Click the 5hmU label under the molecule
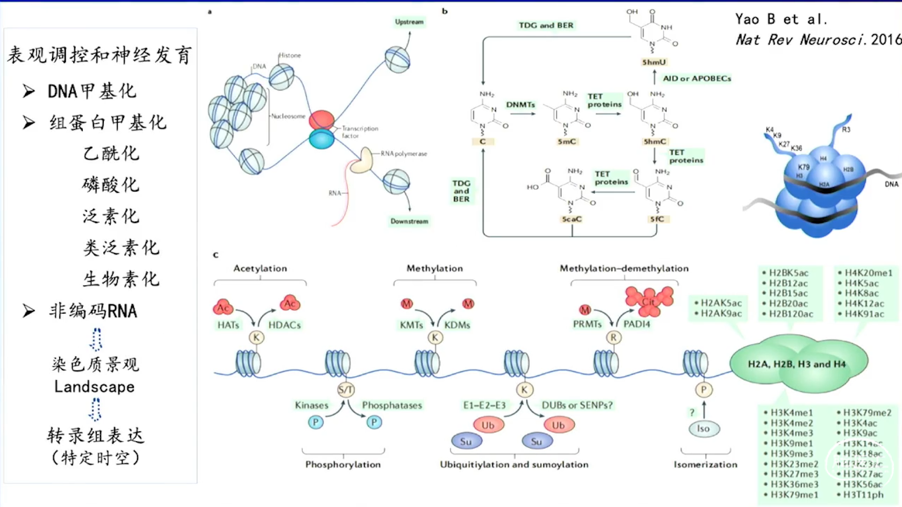click(654, 62)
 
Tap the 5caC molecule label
click(572, 219)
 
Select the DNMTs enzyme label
click(521, 105)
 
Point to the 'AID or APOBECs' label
click(697, 78)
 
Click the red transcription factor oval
click(321, 120)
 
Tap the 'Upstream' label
click(409, 22)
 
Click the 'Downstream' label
click(409, 221)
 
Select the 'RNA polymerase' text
click(404, 154)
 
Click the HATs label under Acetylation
click(228, 325)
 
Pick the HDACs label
click(285, 325)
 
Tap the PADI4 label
click(637, 324)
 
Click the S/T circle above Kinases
click(346, 389)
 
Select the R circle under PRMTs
click(613, 337)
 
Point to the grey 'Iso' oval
click(703, 428)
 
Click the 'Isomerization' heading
click(705, 464)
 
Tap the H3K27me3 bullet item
click(794, 474)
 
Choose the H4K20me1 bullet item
click(868, 273)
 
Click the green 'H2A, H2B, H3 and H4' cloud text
click(797, 364)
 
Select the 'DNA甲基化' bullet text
click(92, 91)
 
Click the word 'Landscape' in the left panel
click(94, 387)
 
